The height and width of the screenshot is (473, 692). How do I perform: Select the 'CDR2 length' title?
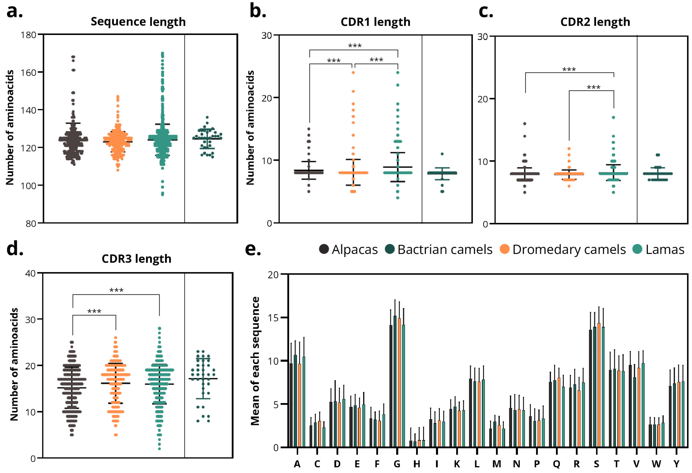click(595, 22)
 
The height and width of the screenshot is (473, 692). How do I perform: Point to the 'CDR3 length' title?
click(136, 258)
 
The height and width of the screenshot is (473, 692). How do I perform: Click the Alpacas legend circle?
click(324, 249)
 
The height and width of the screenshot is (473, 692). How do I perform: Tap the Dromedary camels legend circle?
click(504, 249)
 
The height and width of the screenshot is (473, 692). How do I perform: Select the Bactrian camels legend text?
click(445, 249)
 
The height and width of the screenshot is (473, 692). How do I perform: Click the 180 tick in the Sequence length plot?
click(28, 35)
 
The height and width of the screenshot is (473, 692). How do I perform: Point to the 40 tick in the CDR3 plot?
click(30, 273)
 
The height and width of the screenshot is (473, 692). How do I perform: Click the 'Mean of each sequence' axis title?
click(255, 361)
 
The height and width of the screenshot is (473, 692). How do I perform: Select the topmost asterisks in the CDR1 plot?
click(355, 46)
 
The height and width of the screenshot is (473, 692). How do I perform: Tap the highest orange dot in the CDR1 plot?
click(353, 73)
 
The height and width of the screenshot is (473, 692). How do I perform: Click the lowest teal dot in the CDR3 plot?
click(159, 449)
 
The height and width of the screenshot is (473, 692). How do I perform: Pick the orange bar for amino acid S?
click(599, 385)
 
